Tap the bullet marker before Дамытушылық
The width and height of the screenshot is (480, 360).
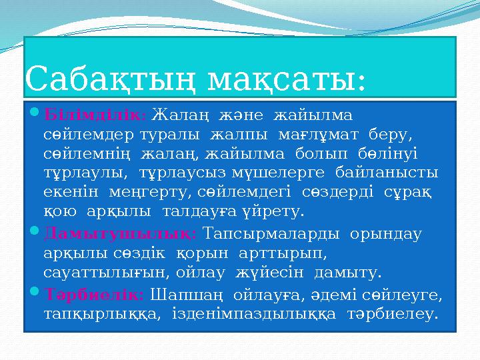click(x=35, y=235)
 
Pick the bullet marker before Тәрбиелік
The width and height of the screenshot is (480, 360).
click(x=35, y=294)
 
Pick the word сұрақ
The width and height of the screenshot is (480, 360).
click(x=412, y=193)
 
